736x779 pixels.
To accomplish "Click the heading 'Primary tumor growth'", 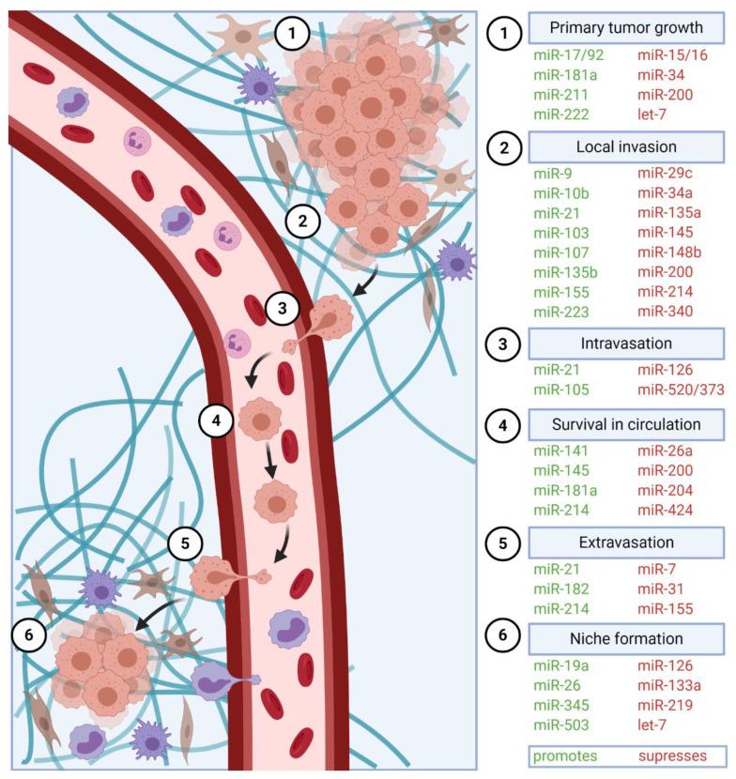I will (626, 27).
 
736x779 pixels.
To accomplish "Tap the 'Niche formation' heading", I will (626, 639).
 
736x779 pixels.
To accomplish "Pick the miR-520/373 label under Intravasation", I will (681, 389).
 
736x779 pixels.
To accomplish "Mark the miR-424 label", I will (666, 510).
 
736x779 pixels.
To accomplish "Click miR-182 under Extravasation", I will (561, 588).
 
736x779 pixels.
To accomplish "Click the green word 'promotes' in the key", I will (564, 756).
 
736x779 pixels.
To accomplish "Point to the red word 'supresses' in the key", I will (673, 756).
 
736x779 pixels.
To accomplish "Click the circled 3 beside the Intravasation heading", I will (504, 343).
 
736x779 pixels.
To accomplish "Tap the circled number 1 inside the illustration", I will (294, 35).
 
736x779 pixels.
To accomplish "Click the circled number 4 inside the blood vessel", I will (216, 420).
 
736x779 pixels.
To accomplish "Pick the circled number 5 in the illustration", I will (185, 542).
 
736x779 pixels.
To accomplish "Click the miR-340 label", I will (666, 312).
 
